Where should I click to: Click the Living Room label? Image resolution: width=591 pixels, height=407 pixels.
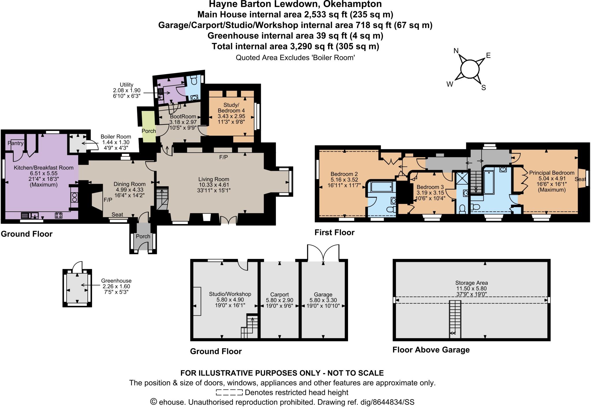pyautogui.click(x=214, y=179)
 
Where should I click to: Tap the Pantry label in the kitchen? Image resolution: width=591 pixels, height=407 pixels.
pyautogui.click(x=16, y=143)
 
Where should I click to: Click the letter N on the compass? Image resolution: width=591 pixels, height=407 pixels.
pyautogui.click(x=456, y=51)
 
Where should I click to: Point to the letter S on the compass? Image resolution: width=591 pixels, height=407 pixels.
pyautogui.click(x=484, y=88)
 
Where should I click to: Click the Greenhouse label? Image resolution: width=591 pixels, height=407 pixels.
pyautogui.click(x=116, y=281)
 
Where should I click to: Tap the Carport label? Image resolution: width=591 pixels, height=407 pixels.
pyautogui.click(x=279, y=294)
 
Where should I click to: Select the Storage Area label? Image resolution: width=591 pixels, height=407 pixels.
pyautogui.click(x=472, y=283)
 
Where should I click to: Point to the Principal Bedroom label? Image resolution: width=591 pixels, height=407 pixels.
pyautogui.click(x=551, y=173)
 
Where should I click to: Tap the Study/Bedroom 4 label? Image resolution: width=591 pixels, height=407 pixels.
pyautogui.click(x=231, y=107)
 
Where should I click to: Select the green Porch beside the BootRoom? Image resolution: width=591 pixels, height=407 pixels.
pyautogui.click(x=148, y=126)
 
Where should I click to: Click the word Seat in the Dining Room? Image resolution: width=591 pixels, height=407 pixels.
pyautogui.click(x=117, y=214)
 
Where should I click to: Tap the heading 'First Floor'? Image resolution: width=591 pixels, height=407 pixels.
pyautogui.click(x=334, y=232)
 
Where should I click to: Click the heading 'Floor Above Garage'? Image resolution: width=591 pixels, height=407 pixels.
pyautogui.click(x=431, y=350)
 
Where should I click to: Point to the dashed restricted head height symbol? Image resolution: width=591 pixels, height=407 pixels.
pyautogui.click(x=229, y=392)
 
